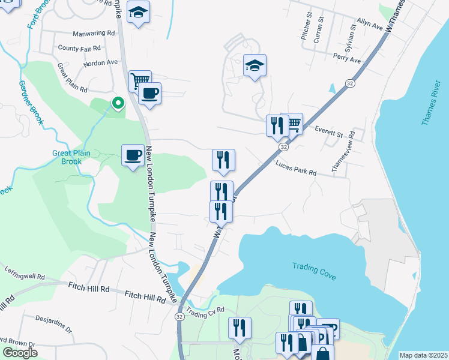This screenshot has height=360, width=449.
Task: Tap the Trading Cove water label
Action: coord(314,271)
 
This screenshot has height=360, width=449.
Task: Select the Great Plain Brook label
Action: coord(71,157)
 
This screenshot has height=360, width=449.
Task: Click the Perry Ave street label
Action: coord(348,60)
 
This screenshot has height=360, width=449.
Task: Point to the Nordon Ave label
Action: coord(101,62)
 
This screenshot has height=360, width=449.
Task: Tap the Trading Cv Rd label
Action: coord(205,312)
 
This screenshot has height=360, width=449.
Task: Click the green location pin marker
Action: coord(118,103)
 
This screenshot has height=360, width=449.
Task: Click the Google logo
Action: coord(19,353)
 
